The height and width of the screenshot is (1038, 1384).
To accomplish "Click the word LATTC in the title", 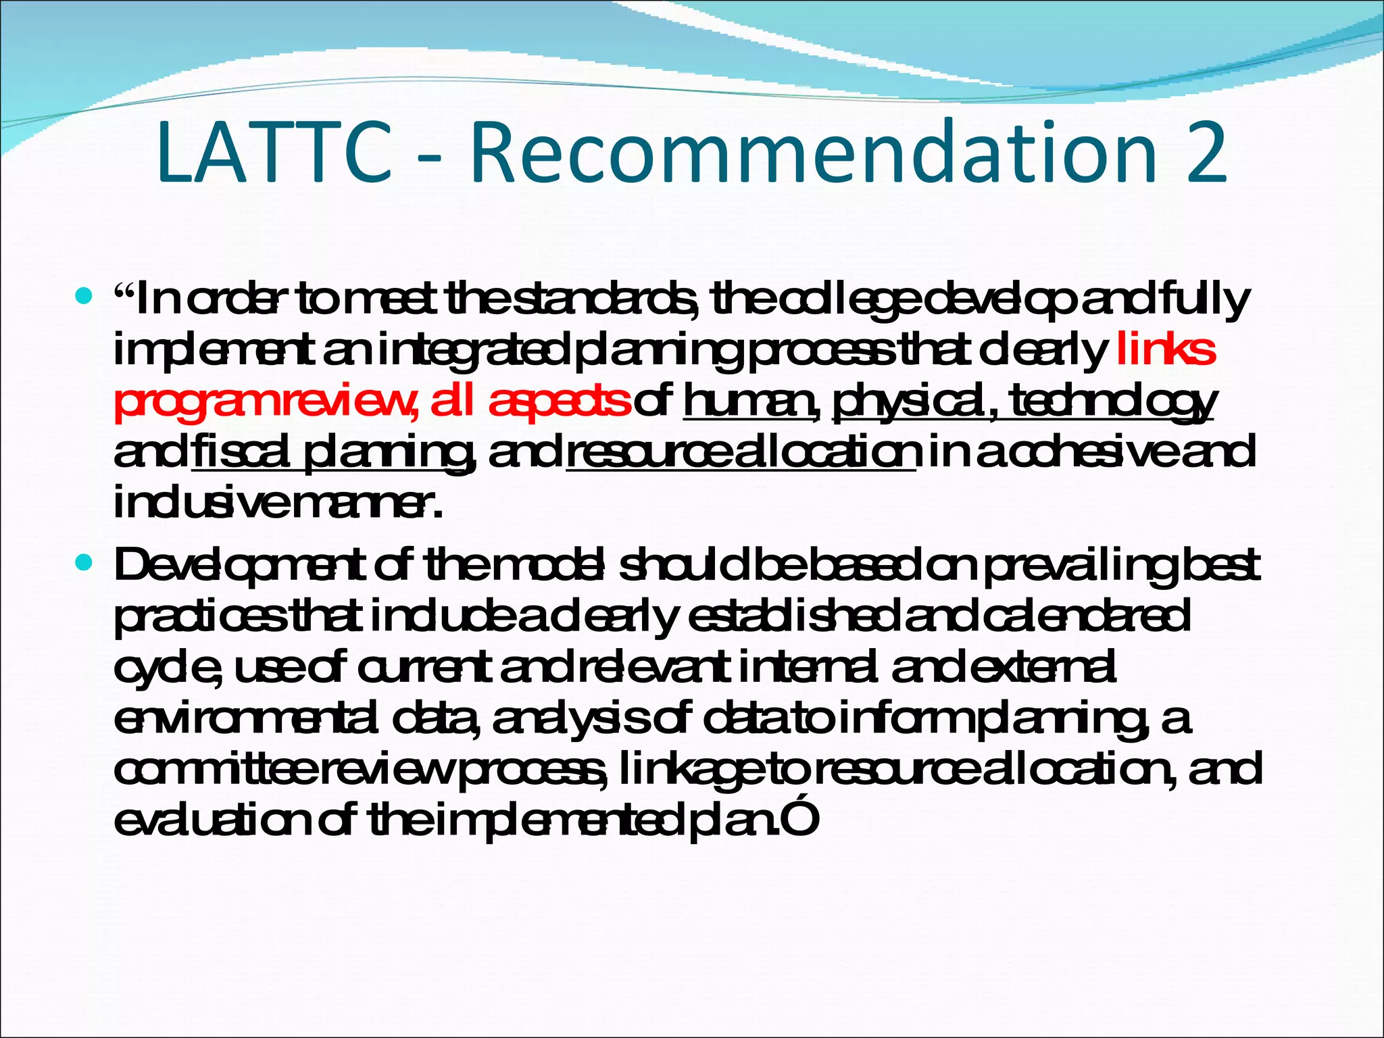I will pyautogui.click(x=274, y=153).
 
